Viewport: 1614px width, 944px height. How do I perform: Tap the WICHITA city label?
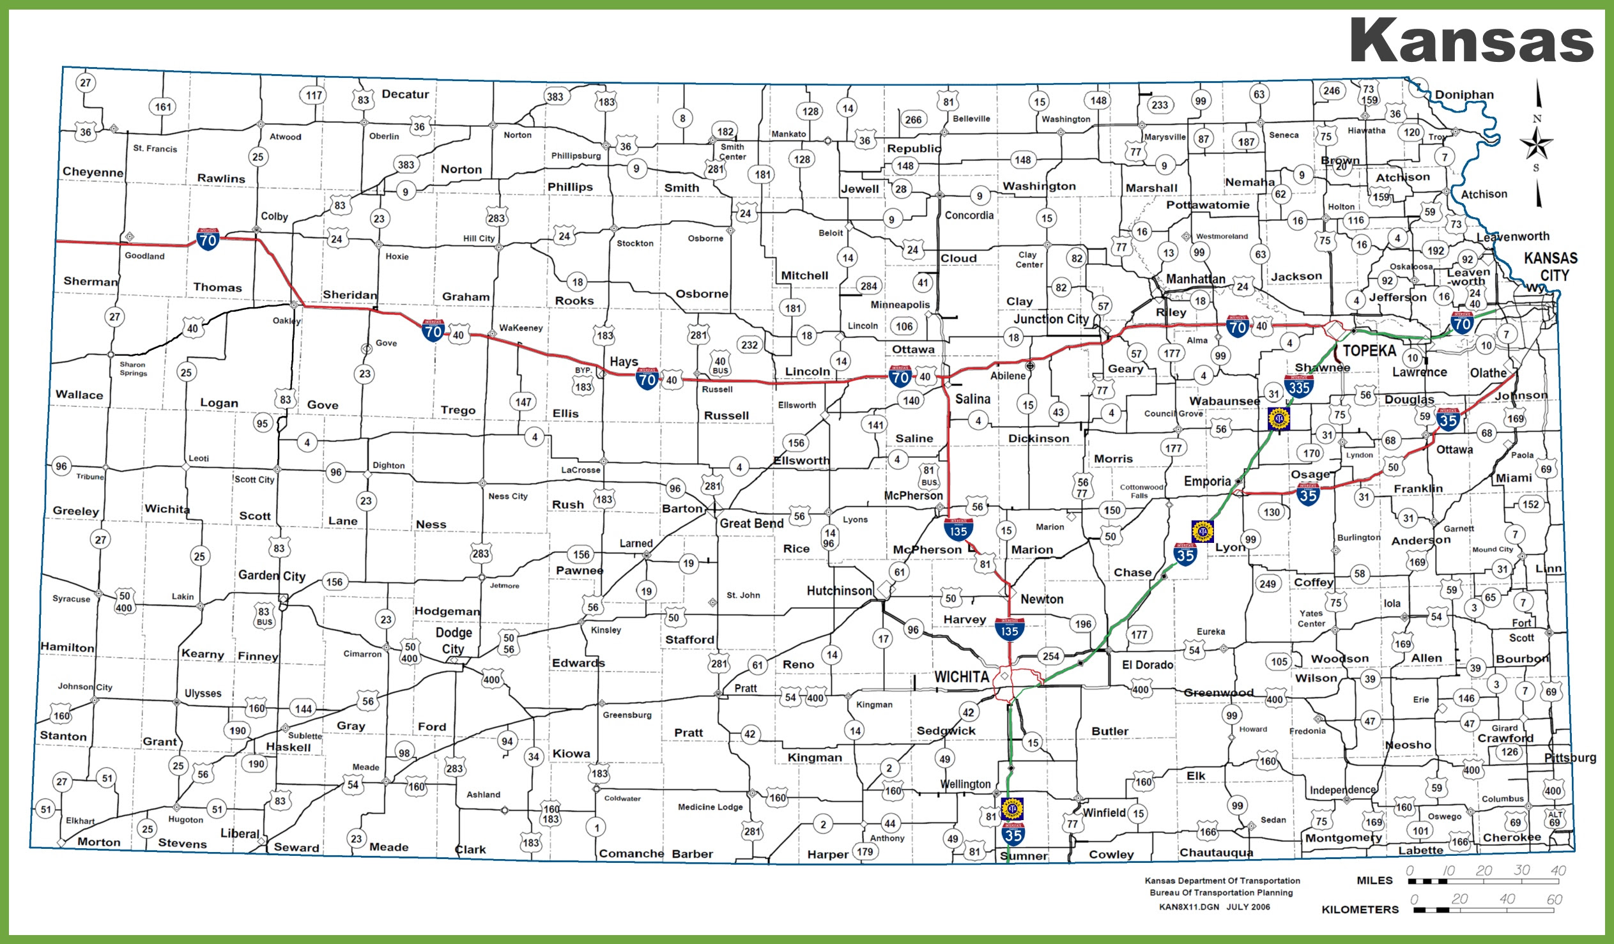961,677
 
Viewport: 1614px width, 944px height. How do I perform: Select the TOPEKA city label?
1369,350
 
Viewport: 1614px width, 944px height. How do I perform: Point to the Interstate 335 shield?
1299,386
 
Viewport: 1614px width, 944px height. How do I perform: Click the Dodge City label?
454,641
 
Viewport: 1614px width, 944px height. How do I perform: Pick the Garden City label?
272,575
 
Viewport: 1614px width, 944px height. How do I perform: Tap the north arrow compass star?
1537,144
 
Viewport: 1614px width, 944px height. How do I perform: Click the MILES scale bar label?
1374,881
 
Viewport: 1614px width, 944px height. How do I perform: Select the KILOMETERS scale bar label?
1360,910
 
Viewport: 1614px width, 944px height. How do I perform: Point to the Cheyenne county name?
93,172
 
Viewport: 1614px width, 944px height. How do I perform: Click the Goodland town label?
144,255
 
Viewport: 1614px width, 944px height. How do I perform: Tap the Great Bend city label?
751,523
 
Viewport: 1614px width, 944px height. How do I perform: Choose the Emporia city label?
1206,481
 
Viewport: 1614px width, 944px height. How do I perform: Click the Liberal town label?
240,834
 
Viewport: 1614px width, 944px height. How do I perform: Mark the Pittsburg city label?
1569,757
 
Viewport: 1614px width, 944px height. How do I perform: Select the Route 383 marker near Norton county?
406,165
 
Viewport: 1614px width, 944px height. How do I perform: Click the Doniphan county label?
1463,95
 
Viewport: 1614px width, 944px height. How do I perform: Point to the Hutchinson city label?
839,591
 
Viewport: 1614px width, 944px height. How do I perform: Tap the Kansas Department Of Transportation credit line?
1222,881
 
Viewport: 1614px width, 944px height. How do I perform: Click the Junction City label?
1050,319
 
